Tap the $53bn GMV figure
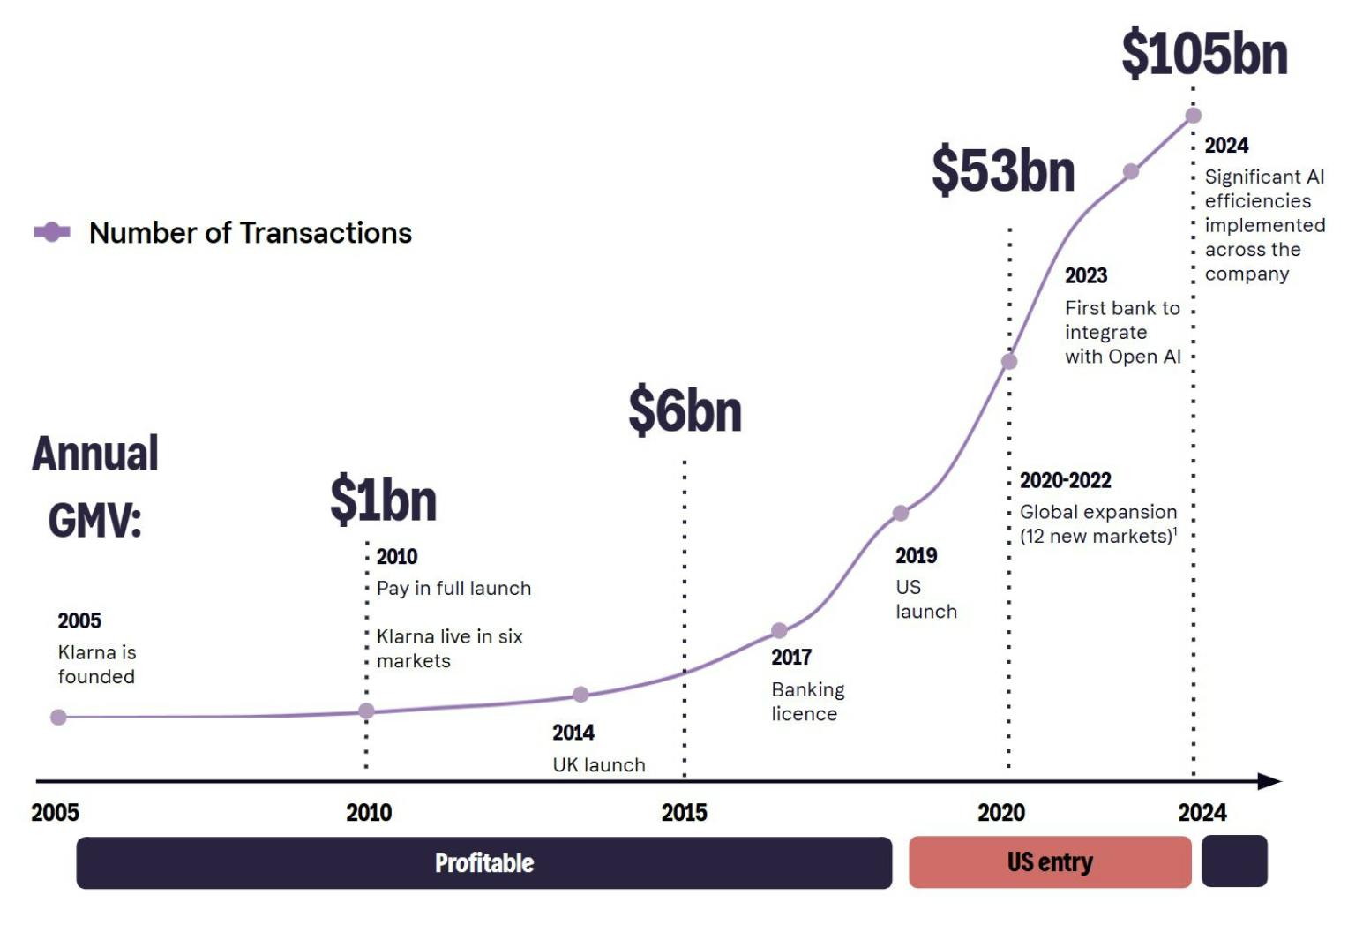point(1003,169)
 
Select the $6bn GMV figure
point(685,410)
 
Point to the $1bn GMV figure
point(383,499)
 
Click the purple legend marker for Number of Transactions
point(52,232)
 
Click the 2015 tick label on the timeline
point(684,812)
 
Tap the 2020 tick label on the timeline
point(1000,812)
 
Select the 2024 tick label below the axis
point(1202,812)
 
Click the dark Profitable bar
point(483,862)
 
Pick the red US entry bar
point(1050,861)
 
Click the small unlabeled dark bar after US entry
point(1234,861)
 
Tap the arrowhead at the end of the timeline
point(1269,781)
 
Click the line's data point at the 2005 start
point(58,717)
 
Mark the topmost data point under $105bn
point(1194,115)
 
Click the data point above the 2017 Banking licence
point(779,630)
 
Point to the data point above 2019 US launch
point(900,513)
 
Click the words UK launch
point(599,764)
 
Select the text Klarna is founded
point(96,664)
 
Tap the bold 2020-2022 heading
point(1065,480)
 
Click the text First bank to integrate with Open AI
point(1122,332)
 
